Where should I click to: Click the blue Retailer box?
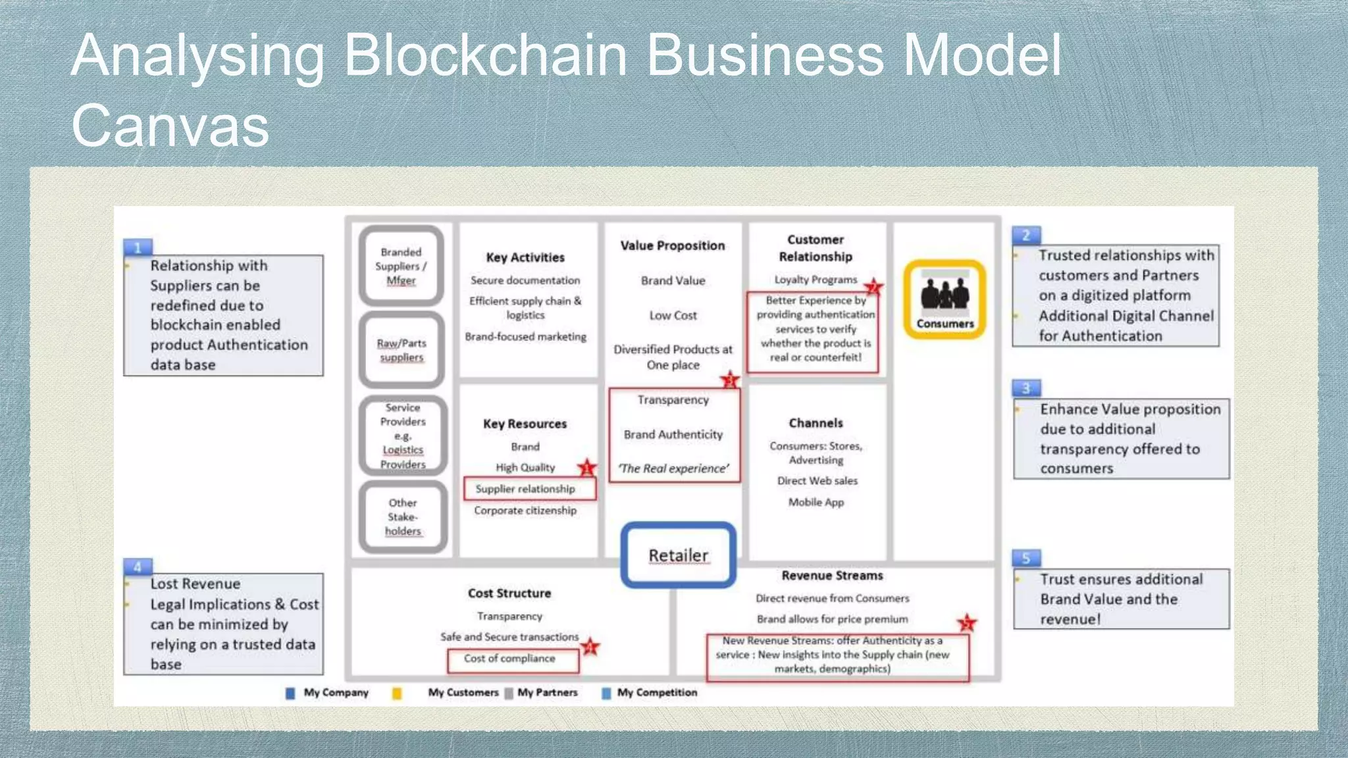point(678,555)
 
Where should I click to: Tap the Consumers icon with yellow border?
point(945,299)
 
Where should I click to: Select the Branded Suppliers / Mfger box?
point(401,266)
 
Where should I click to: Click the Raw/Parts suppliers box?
point(402,350)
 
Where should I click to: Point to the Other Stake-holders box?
point(403,517)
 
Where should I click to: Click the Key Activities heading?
point(525,257)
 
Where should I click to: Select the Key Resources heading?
point(525,424)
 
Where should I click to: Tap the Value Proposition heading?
point(672,245)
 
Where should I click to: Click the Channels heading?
point(816,423)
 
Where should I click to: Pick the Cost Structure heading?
point(509,593)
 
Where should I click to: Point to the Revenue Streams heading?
point(832,576)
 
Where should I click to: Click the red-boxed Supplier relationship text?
point(525,489)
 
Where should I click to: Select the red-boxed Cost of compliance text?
point(509,659)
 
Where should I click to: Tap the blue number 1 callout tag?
point(138,247)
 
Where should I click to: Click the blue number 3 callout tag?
point(1025,388)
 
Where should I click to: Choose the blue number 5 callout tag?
point(1025,558)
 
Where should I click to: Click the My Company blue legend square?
point(290,693)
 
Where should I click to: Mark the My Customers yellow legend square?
point(397,693)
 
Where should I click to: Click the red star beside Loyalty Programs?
point(873,287)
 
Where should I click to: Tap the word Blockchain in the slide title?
point(485,55)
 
